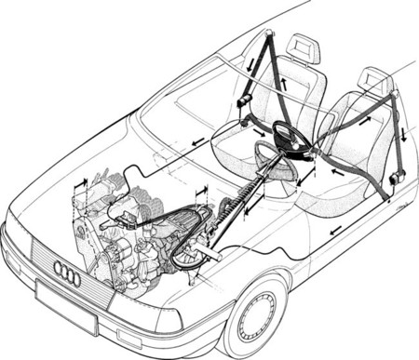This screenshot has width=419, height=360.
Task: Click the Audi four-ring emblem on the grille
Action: point(67,273)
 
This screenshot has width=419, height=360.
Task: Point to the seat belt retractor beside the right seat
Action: point(398,176)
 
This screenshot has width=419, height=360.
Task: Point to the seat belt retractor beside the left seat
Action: point(246,100)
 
